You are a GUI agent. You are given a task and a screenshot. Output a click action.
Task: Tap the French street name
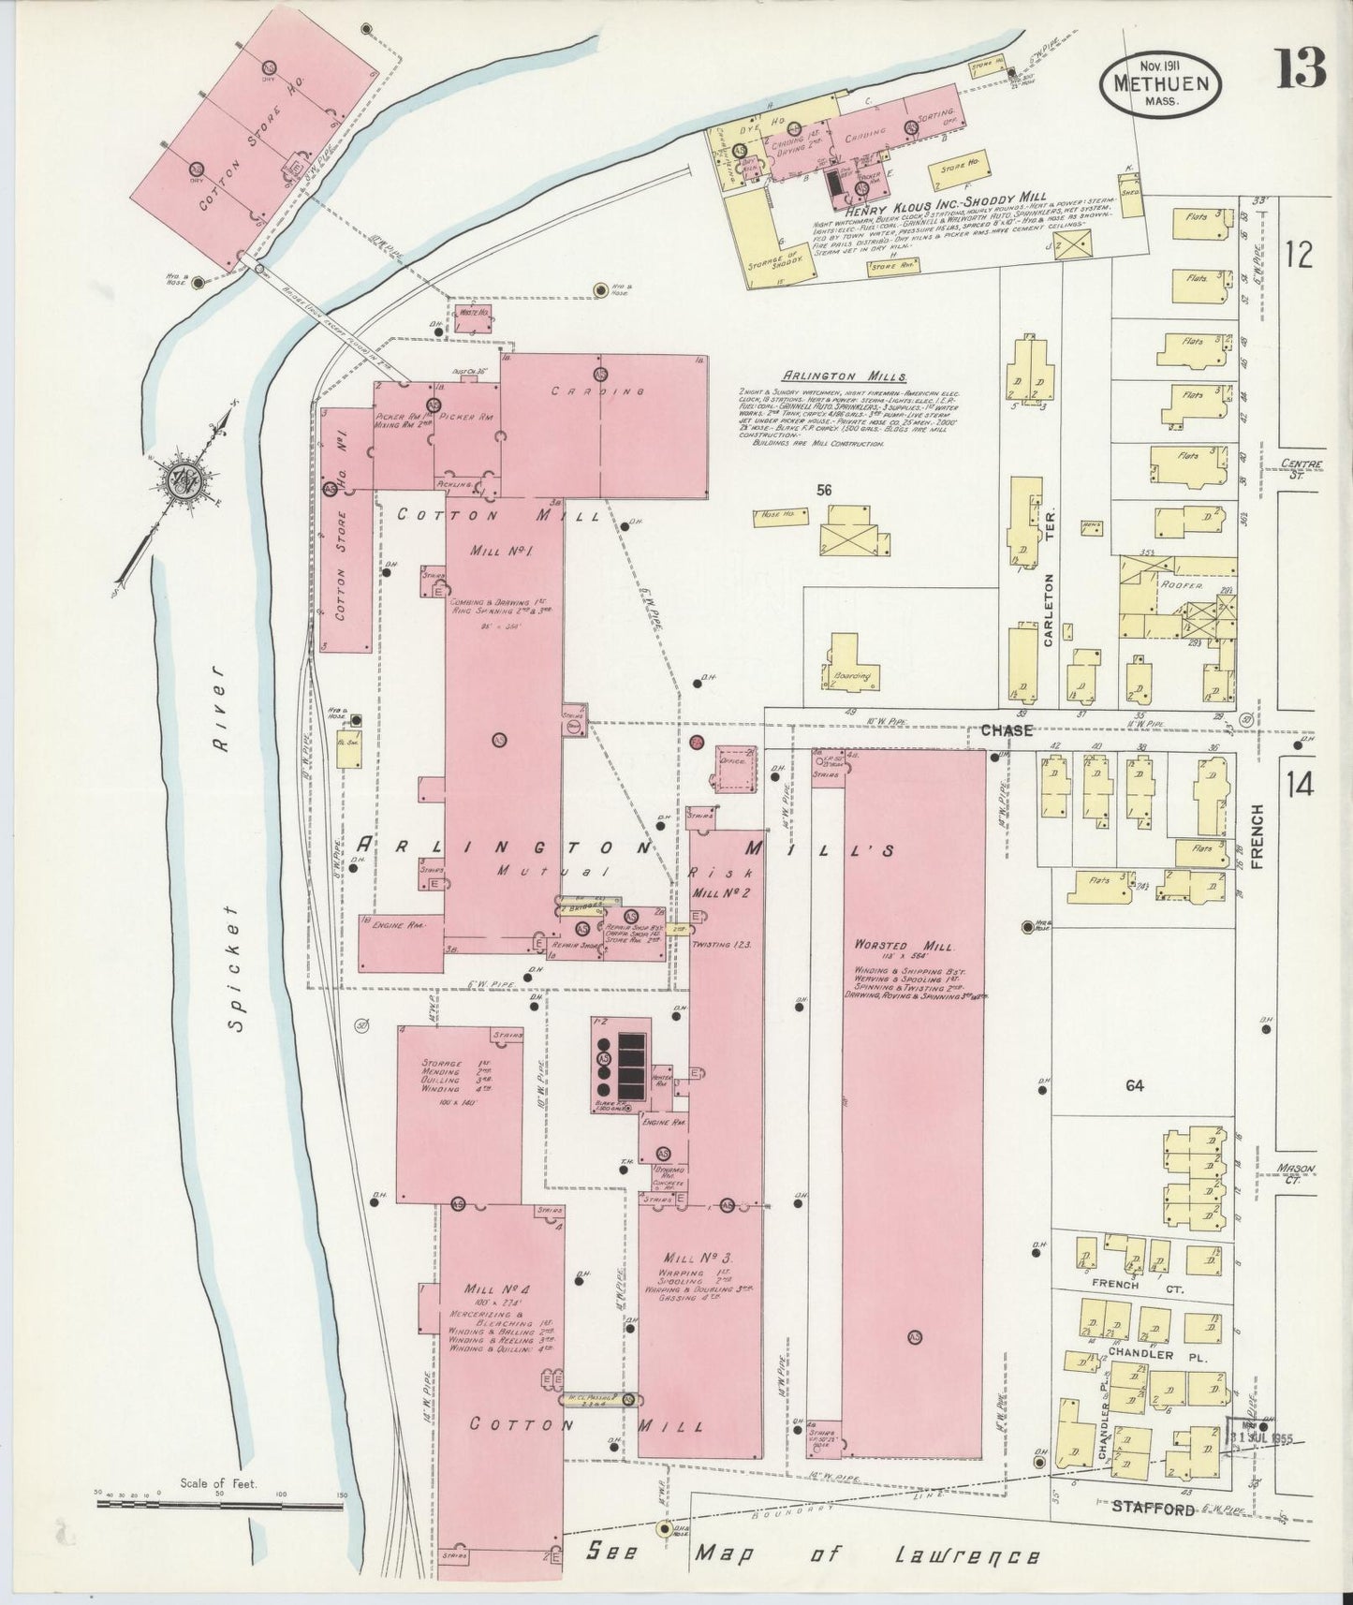click(1256, 836)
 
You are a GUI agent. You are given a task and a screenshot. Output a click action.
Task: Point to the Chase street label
click(1007, 730)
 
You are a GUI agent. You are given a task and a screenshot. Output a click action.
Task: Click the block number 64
click(1135, 1086)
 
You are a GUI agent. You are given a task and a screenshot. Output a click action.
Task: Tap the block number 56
click(824, 490)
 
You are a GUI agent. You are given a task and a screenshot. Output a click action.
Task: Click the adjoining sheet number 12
click(1300, 255)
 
